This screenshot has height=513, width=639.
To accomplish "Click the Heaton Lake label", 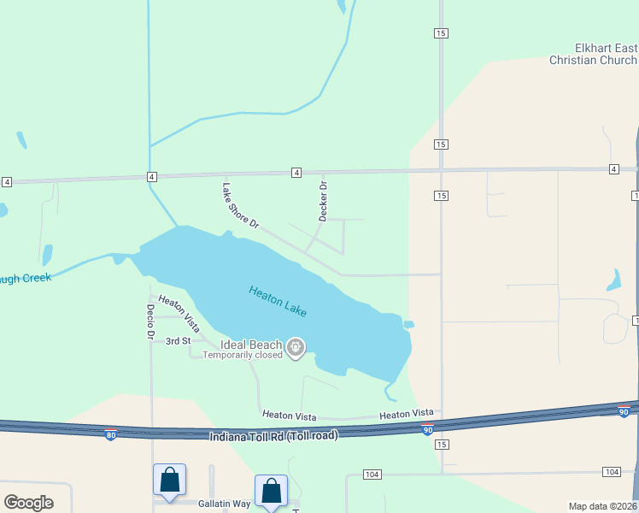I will coord(278,302).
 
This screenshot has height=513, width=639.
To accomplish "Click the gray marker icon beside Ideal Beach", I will coord(296,347).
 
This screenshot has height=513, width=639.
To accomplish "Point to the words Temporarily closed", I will coord(243,355).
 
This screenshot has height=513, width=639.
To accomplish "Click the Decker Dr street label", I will coord(323,201).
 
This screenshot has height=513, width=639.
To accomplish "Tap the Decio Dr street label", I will coord(149,321).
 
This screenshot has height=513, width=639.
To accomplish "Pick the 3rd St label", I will coord(178,341).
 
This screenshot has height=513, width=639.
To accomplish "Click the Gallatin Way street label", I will coord(225,504).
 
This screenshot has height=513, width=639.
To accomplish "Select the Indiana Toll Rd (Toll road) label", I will coord(273,436).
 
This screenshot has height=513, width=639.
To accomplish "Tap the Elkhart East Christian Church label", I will coord(593,54).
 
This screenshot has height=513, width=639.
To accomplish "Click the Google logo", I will coord(28,502).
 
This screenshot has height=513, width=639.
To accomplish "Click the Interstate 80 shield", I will coord(110,435).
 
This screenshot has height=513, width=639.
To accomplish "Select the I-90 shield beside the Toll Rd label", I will coord(427,429).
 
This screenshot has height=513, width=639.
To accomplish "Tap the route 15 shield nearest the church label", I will coord(440,32).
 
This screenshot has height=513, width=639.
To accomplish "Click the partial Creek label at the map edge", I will coord(26,278).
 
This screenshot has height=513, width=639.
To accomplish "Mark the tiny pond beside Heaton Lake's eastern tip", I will coord(409,324).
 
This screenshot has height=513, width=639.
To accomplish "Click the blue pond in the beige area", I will coord(613,280).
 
